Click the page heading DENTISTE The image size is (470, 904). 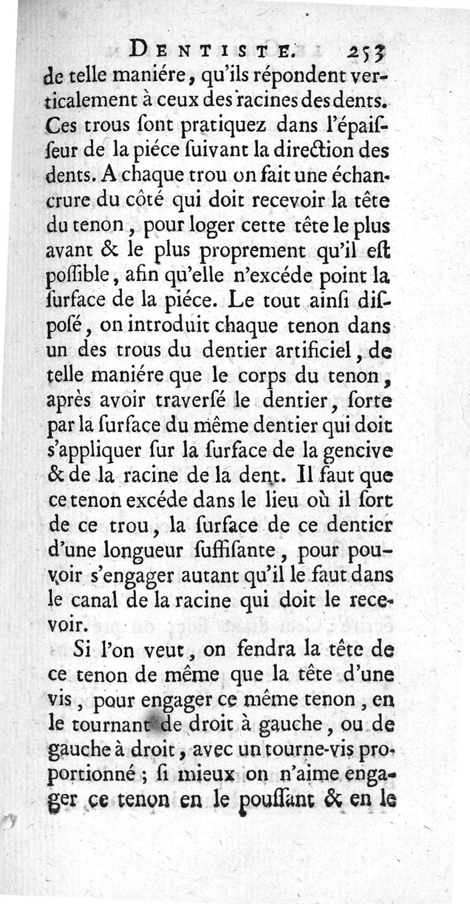(x=206, y=51)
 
